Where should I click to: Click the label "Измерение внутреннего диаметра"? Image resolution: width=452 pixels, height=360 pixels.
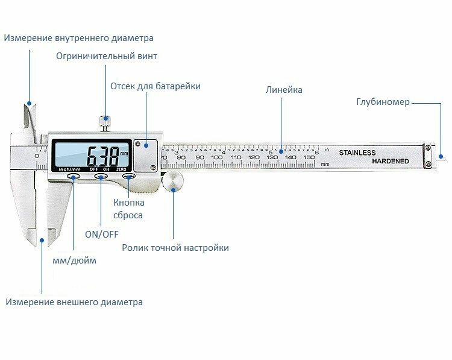point(78,38)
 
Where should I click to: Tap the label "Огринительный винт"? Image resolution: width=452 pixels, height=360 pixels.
point(107,56)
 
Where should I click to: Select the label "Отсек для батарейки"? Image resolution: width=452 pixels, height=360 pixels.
point(155,86)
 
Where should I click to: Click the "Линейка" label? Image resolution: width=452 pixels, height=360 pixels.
point(284,90)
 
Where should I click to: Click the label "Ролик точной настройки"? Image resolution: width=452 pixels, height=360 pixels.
point(175,248)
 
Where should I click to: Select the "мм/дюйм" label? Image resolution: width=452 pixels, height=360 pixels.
point(74,261)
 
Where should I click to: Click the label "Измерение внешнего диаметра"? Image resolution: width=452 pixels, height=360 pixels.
point(75,302)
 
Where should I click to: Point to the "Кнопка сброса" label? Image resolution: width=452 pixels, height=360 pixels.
point(128,209)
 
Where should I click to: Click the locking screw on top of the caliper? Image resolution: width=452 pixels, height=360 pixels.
point(105,122)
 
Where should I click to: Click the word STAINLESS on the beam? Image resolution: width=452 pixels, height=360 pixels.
point(357,153)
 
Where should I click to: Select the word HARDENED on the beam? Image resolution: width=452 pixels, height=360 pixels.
point(390,161)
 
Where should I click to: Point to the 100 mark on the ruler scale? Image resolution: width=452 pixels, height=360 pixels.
point(217,157)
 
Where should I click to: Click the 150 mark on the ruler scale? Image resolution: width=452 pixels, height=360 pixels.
point(309,157)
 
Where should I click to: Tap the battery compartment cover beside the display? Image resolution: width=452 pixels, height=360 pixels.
point(147,152)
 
